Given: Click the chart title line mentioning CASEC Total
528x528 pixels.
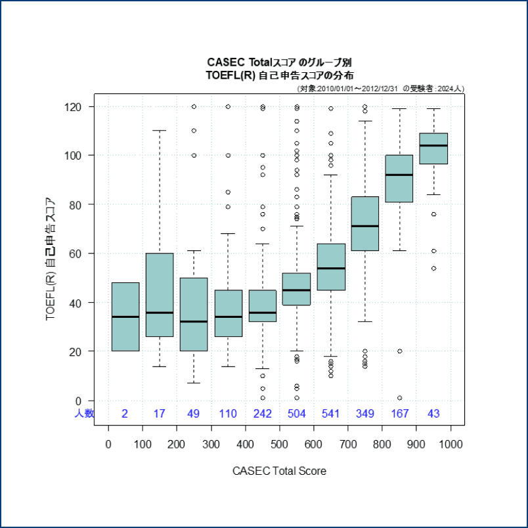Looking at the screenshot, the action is pyautogui.click(x=279, y=62).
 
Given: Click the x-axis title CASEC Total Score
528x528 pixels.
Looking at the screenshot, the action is pyautogui.click(x=279, y=471).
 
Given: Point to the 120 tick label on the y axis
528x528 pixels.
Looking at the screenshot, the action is pyautogui.click(x=73, y=107).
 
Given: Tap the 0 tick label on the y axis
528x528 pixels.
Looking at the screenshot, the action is pyautogui.click(x=78, y=401).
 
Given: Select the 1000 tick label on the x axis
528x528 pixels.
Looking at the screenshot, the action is pyautogui.click(x=451, y=445).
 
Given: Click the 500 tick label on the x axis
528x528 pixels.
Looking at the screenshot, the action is pyautogui.click(x=279, y=445).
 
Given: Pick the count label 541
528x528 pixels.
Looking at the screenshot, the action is pyautogui.click(x=330, y=414).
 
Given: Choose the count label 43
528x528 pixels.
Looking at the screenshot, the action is pyautogui.click(x=433, y=414).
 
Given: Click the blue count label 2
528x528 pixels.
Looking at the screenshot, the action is pyautogui.click(x=125, y=414).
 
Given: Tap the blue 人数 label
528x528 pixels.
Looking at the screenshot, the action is pyautogui.click(x=84, y=413).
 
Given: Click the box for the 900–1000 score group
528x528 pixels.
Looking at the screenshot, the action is pyautogui.click(x=433, y=148).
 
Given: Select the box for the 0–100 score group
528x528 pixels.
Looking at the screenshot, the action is pyautogui.click(x=125, y=317).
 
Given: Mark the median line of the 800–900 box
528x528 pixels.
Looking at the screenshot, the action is pyautogui.click(x=399, y=175).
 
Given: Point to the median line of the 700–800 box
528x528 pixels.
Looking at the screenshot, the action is pyautogui.click(x=365, y=226).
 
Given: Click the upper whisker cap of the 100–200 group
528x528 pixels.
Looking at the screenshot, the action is pyautogui.click(x=160, y=130).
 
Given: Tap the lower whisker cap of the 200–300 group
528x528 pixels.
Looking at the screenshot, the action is pyautogui.click(x=194, y=383).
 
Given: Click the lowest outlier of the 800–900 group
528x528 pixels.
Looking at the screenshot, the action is pyautogui.click(x=400, y=398).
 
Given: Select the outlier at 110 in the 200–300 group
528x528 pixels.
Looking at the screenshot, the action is pyautogui.click(x=194, y=131).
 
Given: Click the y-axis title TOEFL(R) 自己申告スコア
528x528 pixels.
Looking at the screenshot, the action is pyautogui.click(x=50, y=259).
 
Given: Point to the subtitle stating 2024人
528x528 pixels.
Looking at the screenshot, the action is pyautogui.click(x=380, y=89).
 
